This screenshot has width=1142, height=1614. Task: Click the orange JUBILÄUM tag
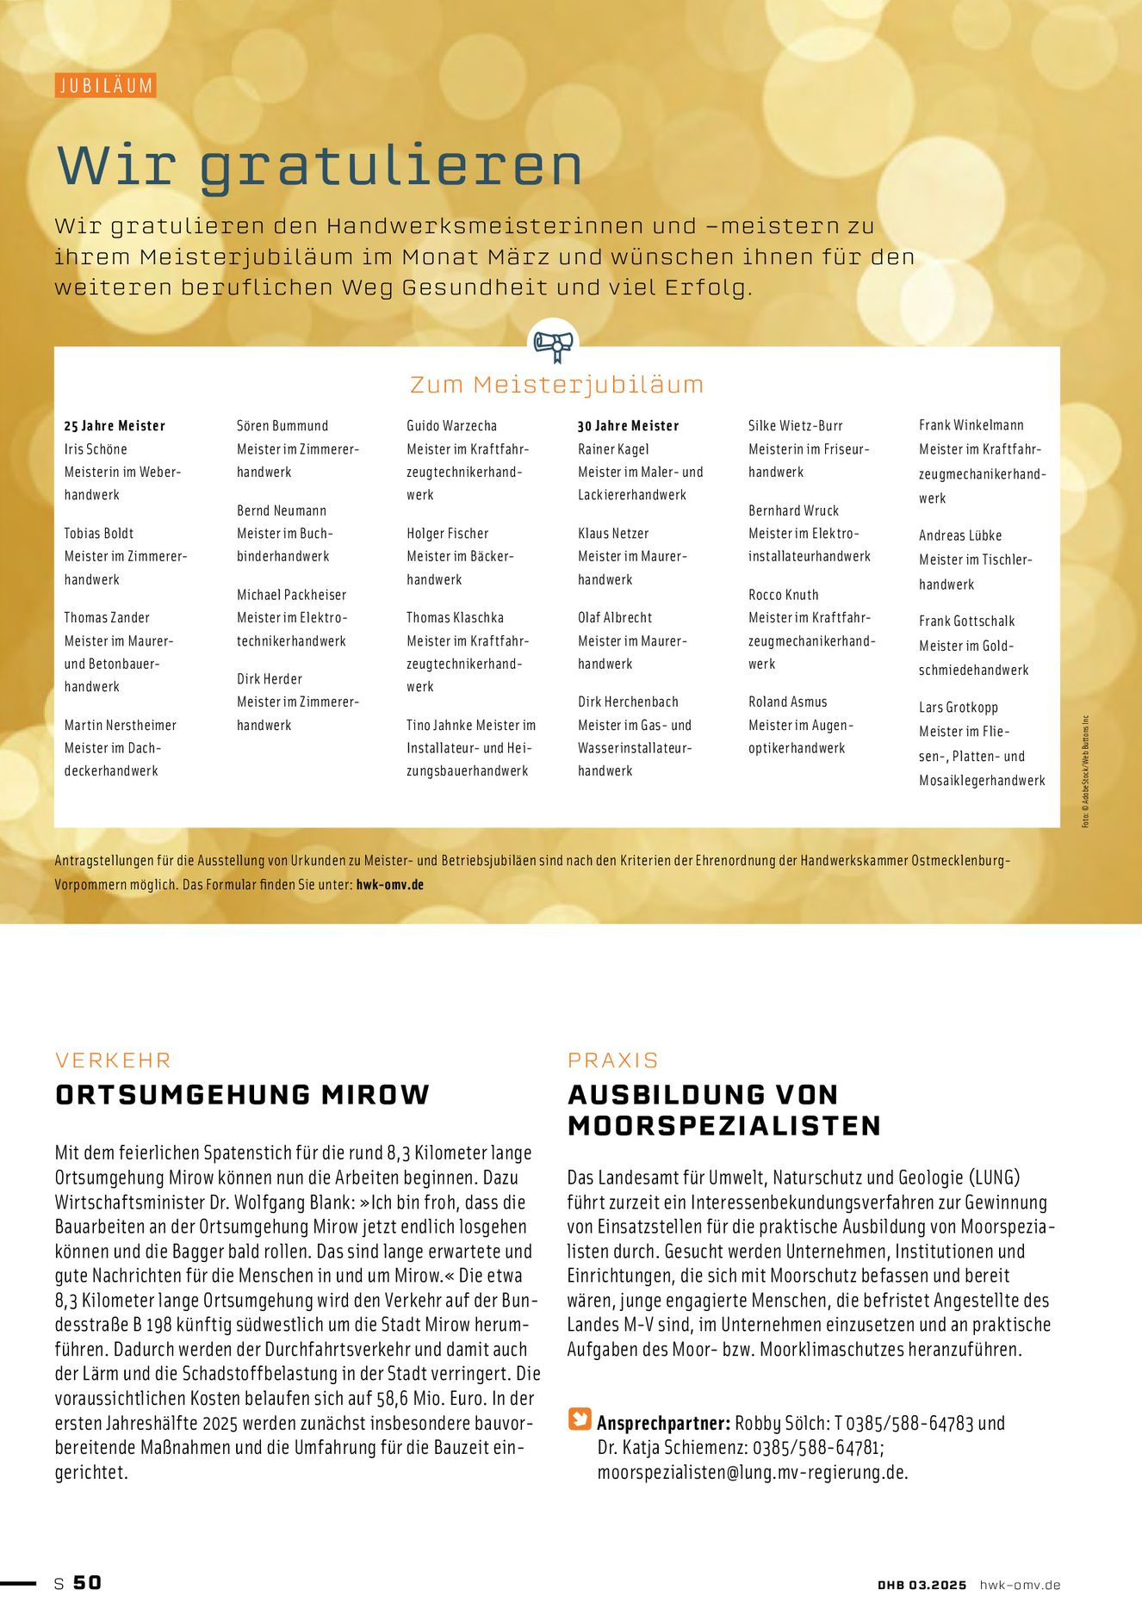click(106, 85)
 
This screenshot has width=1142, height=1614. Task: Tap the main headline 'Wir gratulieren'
click(320, 165)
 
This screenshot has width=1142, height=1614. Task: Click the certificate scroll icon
click(553, 345)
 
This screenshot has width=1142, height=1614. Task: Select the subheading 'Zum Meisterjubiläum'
click(556, 385)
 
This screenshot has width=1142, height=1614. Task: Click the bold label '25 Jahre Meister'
click(115, 426)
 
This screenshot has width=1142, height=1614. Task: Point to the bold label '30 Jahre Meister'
click(628, 426)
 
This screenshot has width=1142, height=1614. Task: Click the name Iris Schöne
click(96, 449)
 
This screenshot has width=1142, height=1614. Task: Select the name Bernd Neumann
click(282, 510)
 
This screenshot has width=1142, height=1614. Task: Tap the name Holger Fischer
click(447, 534)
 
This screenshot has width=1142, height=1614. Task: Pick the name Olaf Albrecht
click(615, 618)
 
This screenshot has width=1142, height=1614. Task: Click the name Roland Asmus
click(787, 702)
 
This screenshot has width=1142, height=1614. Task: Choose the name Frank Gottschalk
click(966, 621)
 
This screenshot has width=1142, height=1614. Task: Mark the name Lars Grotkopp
click(958, 708)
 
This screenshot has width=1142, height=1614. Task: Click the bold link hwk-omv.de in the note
click(389, 884)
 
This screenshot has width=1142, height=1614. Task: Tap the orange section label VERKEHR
click(113, 1061)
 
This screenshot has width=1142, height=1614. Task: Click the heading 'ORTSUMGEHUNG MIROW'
click(242, 1095)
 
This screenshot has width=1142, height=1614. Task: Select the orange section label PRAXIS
click(612, 1061)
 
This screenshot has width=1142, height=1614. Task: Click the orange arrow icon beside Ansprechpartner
click(580, 1419)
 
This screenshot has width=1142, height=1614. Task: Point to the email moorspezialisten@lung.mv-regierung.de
click(752, 1473)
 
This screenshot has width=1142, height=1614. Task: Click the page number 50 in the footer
click(87, 1583)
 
